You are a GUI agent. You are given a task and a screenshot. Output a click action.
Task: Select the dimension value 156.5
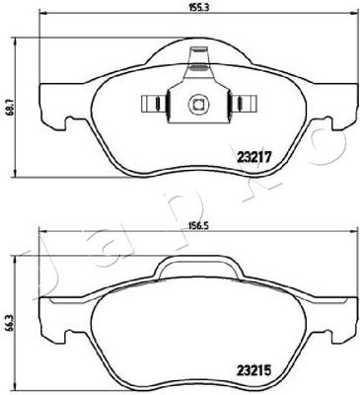[198, 226]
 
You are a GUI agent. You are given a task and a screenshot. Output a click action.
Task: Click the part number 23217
[253, 157]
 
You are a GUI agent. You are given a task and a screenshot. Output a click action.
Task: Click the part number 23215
[253, 371]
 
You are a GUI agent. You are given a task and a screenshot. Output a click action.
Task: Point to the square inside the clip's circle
[198, 104]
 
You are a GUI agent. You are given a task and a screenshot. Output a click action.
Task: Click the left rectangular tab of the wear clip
[154, 104]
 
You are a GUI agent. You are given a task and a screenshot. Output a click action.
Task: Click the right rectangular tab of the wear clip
[243, 104]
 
